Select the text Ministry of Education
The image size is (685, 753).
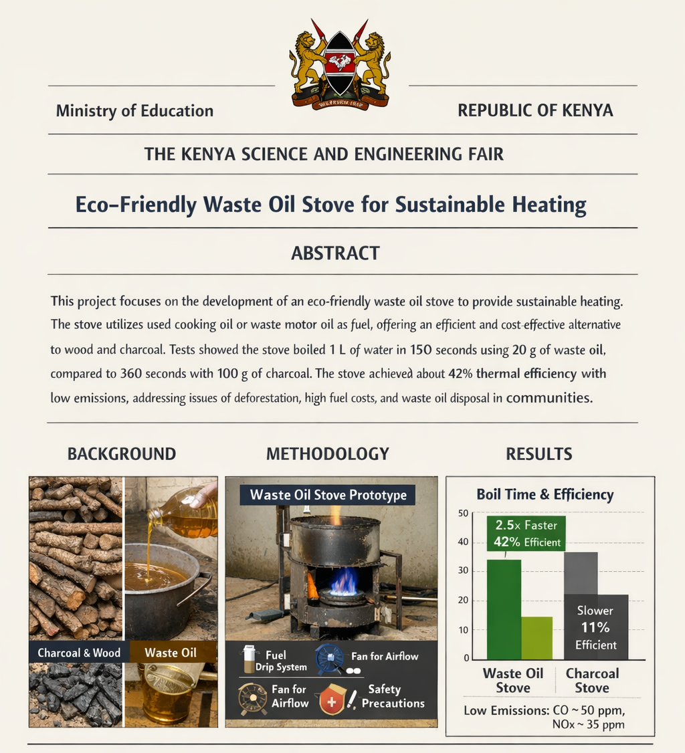(134, 111)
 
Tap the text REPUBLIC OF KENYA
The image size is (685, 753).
(535, 110)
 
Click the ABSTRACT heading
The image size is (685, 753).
(335, 253)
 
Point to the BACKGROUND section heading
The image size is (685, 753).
(122, 454)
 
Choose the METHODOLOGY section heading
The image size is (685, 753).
(328, 454)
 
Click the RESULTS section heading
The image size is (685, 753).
(539, 454)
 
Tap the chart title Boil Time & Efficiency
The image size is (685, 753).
(545, 495)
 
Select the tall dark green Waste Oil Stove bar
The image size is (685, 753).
(504, 609)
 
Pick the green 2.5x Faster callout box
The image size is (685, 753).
(526, 534)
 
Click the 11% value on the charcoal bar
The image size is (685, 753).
(595, 627)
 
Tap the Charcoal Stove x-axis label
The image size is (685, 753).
(592, 680)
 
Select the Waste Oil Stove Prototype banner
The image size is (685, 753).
(328, 496)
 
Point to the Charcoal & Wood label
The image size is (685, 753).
(79, 653)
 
